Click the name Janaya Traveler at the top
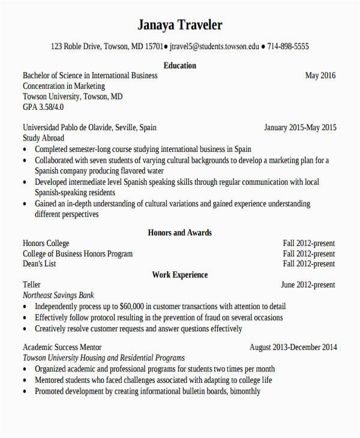coord(179,25)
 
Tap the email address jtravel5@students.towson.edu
coord(215,46)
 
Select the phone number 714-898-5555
coord(288,46)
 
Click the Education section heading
coord(179,65)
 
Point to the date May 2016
coord(320,76)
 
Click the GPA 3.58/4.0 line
coord(43,107)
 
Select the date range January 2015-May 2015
coord(300,128)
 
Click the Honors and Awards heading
coord(179,233)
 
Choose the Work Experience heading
coord(179,275)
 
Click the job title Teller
coord(32,285)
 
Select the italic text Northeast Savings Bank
coord(58,295)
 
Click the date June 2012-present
coord(308,285)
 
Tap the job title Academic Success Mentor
coord(62,347)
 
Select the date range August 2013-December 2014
coord(293,347)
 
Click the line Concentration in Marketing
coord(64,86)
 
